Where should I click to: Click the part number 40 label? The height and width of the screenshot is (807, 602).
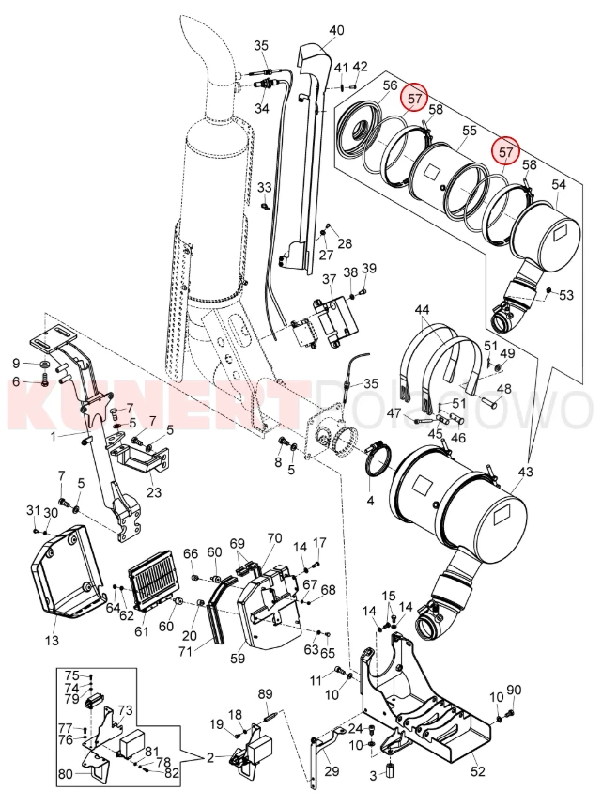pos(336,30)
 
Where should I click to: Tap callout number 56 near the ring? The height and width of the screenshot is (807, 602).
pos(391,87)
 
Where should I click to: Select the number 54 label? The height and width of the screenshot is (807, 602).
pos(558,186)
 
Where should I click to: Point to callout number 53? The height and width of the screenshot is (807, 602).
pos(566,296)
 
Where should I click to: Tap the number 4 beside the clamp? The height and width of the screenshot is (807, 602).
pos(370,502)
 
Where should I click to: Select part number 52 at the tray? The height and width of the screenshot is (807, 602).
pos(477,771)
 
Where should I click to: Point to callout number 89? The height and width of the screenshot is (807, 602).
pos(265,693)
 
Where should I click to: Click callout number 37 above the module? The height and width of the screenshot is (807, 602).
pos(330,280)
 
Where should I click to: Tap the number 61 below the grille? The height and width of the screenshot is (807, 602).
pos(142,631)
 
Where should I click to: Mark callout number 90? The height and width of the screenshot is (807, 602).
pos(514,691)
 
